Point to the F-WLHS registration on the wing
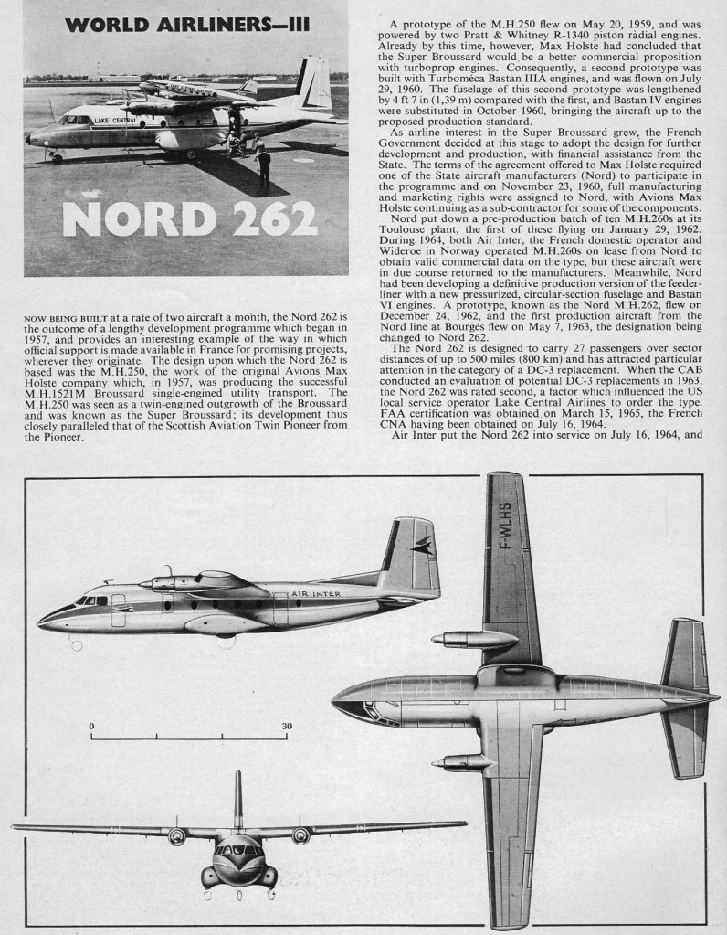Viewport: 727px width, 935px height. pos(503,531)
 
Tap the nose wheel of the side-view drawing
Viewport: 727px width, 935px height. pos(77,645)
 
